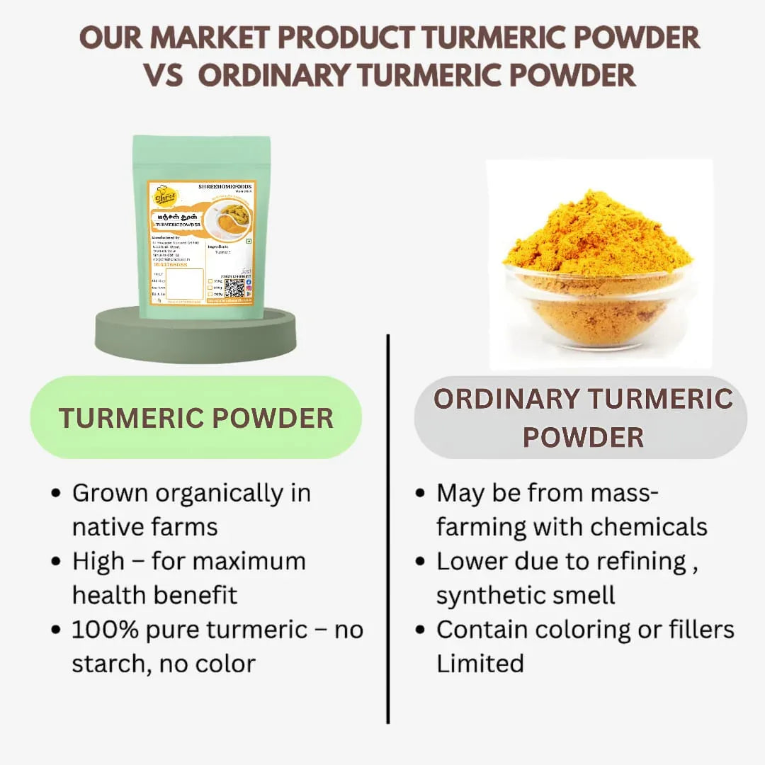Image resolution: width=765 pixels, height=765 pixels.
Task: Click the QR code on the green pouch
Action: click(234, 288)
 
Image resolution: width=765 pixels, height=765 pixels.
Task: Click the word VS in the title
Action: click(168, 75)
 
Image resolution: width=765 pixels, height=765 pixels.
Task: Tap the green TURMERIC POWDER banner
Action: click(195, 417)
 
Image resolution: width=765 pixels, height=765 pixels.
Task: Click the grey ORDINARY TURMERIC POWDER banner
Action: click(581, 418)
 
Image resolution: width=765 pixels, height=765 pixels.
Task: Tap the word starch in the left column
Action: click(109, 664)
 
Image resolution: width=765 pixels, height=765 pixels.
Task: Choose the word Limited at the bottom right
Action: click(480, 664)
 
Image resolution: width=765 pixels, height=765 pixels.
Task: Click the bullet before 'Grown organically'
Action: click(56, 494)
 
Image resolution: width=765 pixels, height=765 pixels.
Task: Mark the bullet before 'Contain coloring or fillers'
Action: click(420, 630)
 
